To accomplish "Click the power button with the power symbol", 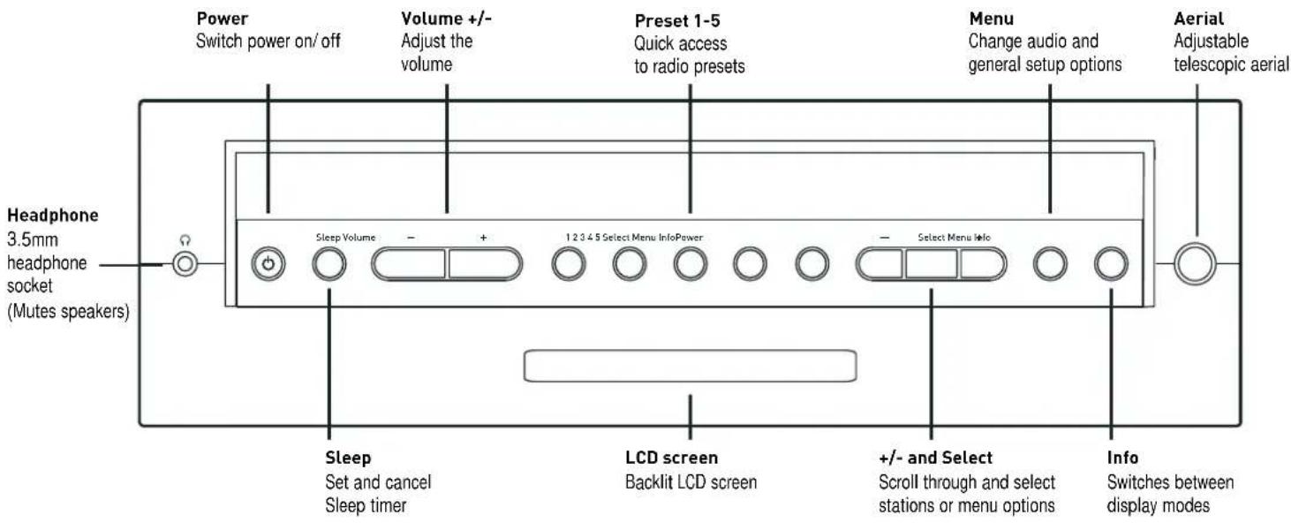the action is click(x=268, y=264).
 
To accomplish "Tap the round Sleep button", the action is click(x=329, y=264).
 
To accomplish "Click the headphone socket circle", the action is click(x=185, y=264).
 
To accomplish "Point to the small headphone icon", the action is click(x=185, y=240).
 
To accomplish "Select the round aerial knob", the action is click(x=1195, y=263).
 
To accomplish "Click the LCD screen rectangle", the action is click(x=690, y=366).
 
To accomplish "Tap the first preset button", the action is click(x=569, y=264).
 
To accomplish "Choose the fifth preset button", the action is click(x=812, y=264).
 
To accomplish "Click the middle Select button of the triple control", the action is click(x=932, y=264).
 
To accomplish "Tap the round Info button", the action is click(x=1111, y=264).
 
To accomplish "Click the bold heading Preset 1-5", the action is click(x=677, y=20).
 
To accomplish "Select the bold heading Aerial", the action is click(x=1199, y=19).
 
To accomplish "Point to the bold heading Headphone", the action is click(x=52, y=216).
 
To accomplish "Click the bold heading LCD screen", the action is click(x=671, y=458).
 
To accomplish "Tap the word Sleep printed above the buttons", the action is click(x=328, y=237).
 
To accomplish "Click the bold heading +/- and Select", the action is click(x=935, y=458).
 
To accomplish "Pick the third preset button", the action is click(x=691, y=264).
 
